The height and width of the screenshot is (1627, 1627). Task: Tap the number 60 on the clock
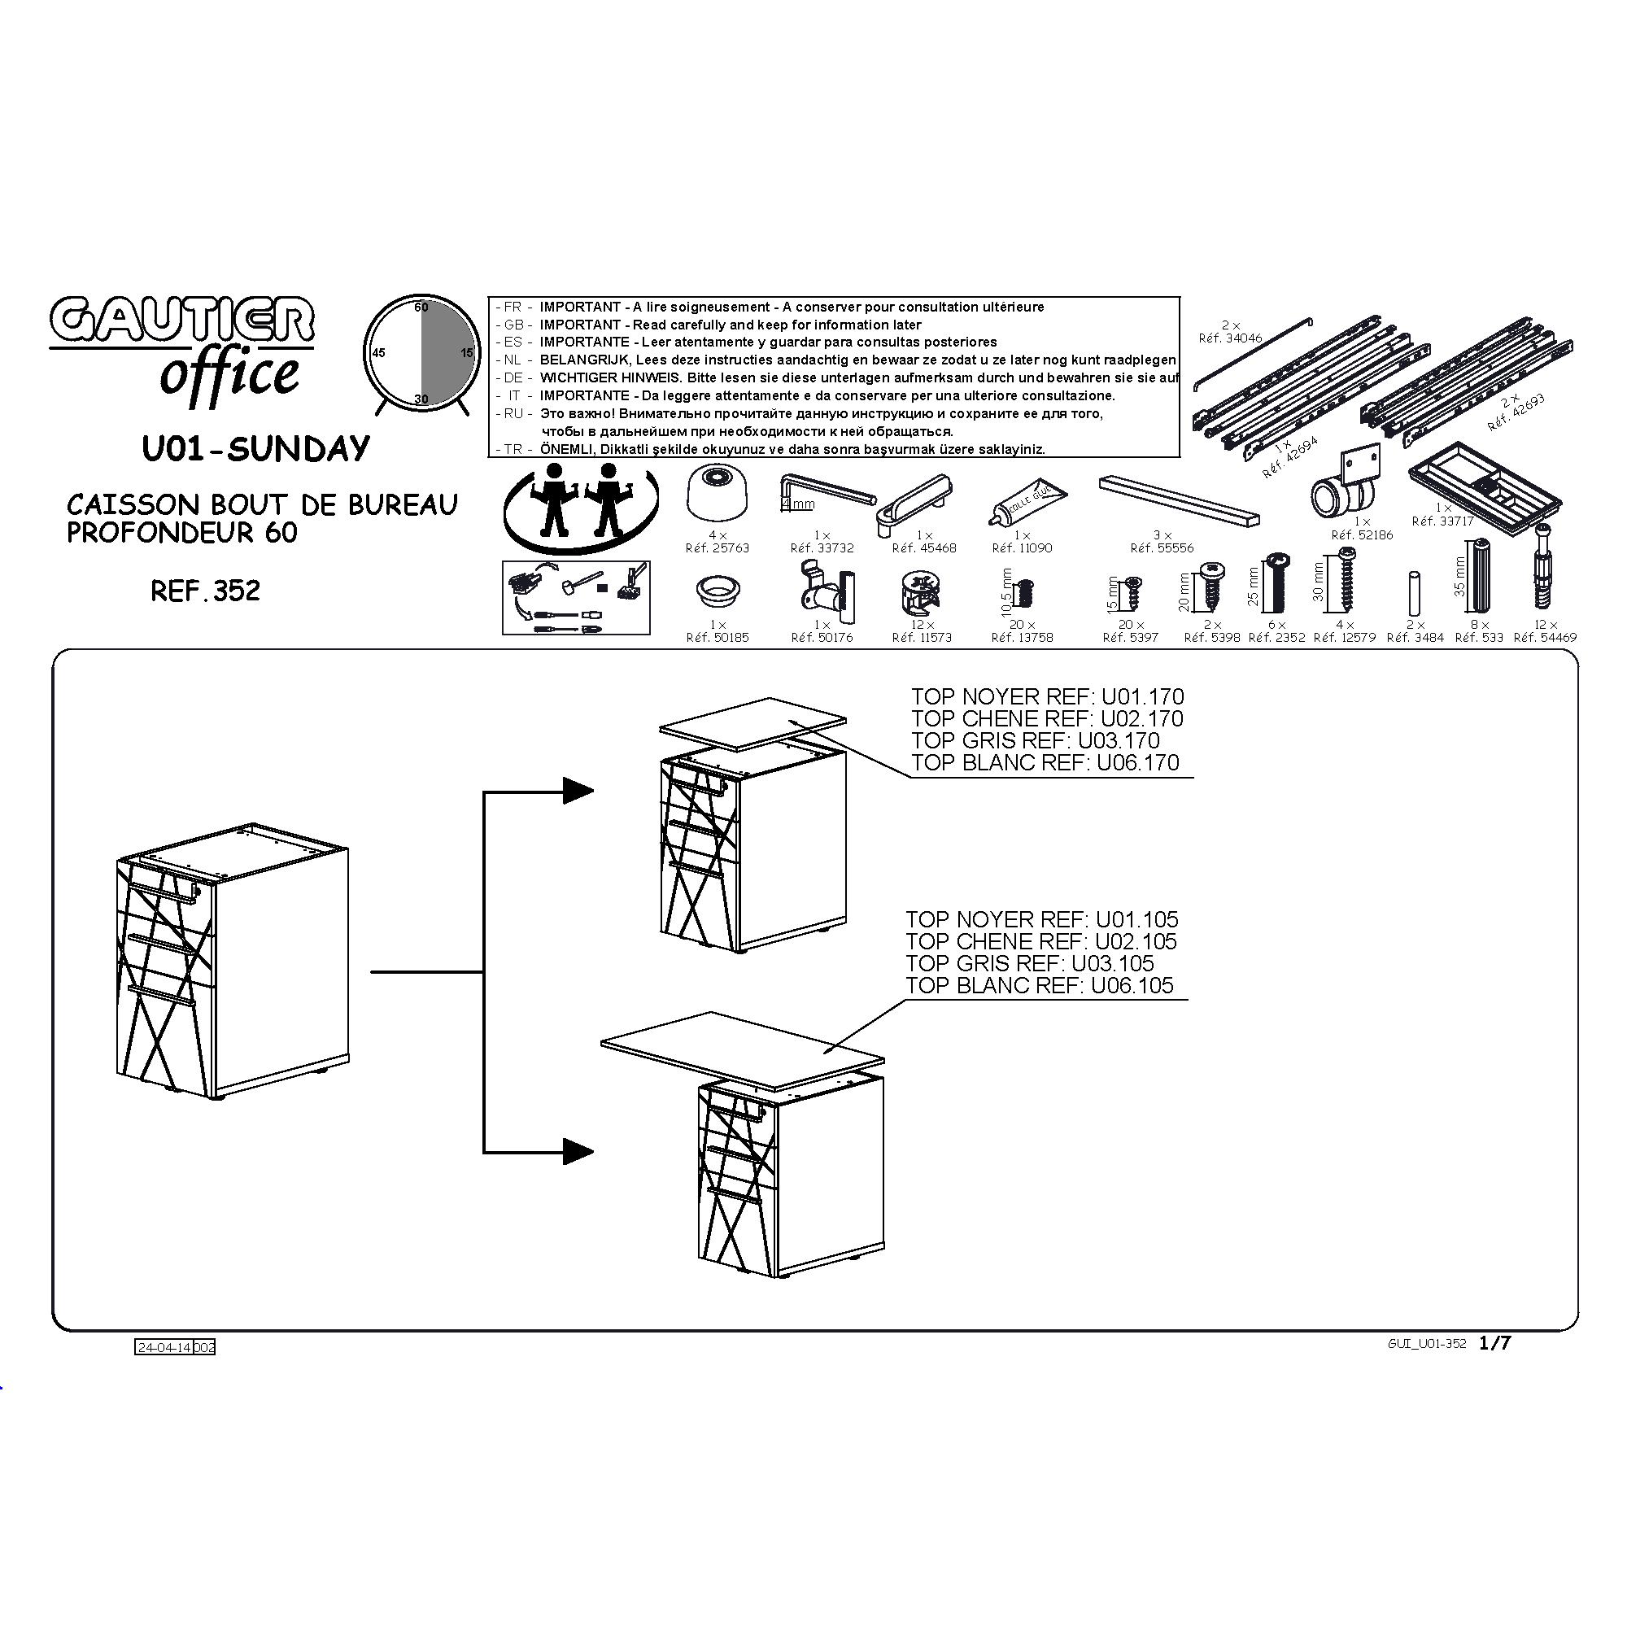point(421,308)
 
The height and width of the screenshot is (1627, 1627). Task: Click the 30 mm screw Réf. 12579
point(1346,582)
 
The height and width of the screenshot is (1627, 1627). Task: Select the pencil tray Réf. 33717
point(1485,484)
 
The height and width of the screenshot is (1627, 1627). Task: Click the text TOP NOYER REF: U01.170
point(1047,696)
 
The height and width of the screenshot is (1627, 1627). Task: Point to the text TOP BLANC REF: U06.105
point(1039,985)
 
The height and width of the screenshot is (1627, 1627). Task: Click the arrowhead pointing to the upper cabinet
point(578,790)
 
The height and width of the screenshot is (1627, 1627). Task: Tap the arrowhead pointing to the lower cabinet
point(578,1150)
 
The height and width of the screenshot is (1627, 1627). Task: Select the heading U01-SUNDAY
point(256,449)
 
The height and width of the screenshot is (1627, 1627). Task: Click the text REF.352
point(206,591)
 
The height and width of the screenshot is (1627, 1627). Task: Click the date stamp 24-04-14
point(164,1347)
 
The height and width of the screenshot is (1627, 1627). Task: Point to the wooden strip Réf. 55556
point(1179,500)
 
